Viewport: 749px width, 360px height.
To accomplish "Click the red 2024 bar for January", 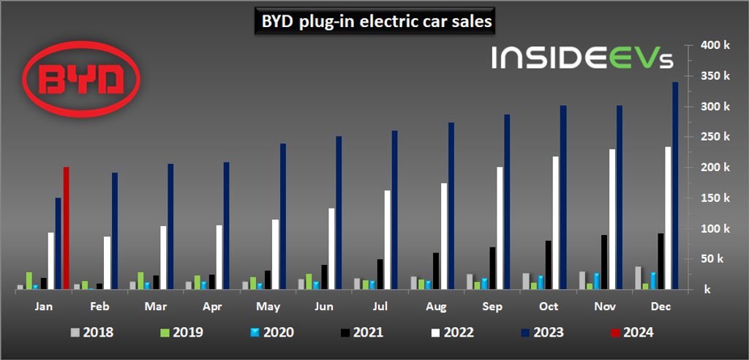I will tap(67, 228).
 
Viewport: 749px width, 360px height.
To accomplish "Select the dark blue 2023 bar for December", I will tap(675, 186).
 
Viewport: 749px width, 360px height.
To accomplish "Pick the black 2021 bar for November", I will tap(604, 262).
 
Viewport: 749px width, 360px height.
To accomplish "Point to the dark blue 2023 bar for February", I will tap(115, 231).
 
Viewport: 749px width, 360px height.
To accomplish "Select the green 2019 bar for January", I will tap(29, 281).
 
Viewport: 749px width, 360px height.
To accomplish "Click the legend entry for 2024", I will tap(628, 332).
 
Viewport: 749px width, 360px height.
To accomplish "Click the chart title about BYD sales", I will tap(374, 23).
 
